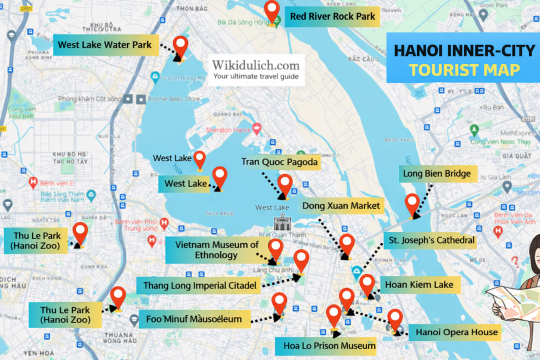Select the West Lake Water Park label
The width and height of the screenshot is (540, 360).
pyautogui.click(x=104, y=45)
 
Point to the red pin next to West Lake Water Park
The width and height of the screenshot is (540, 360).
pyautogui.click(x=181, y=45)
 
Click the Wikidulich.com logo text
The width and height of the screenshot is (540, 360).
pyautogui.click(x=255, y=66)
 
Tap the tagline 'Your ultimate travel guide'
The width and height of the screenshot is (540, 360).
pyautogui.click(x=255, y=81)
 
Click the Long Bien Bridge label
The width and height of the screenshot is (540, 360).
pyautogui.click(x=437, y=173)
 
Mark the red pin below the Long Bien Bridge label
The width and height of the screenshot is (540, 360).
pyautogui.click(x=412, y=205)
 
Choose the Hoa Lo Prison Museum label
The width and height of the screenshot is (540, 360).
pyautogui.click(x=326, y=346)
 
